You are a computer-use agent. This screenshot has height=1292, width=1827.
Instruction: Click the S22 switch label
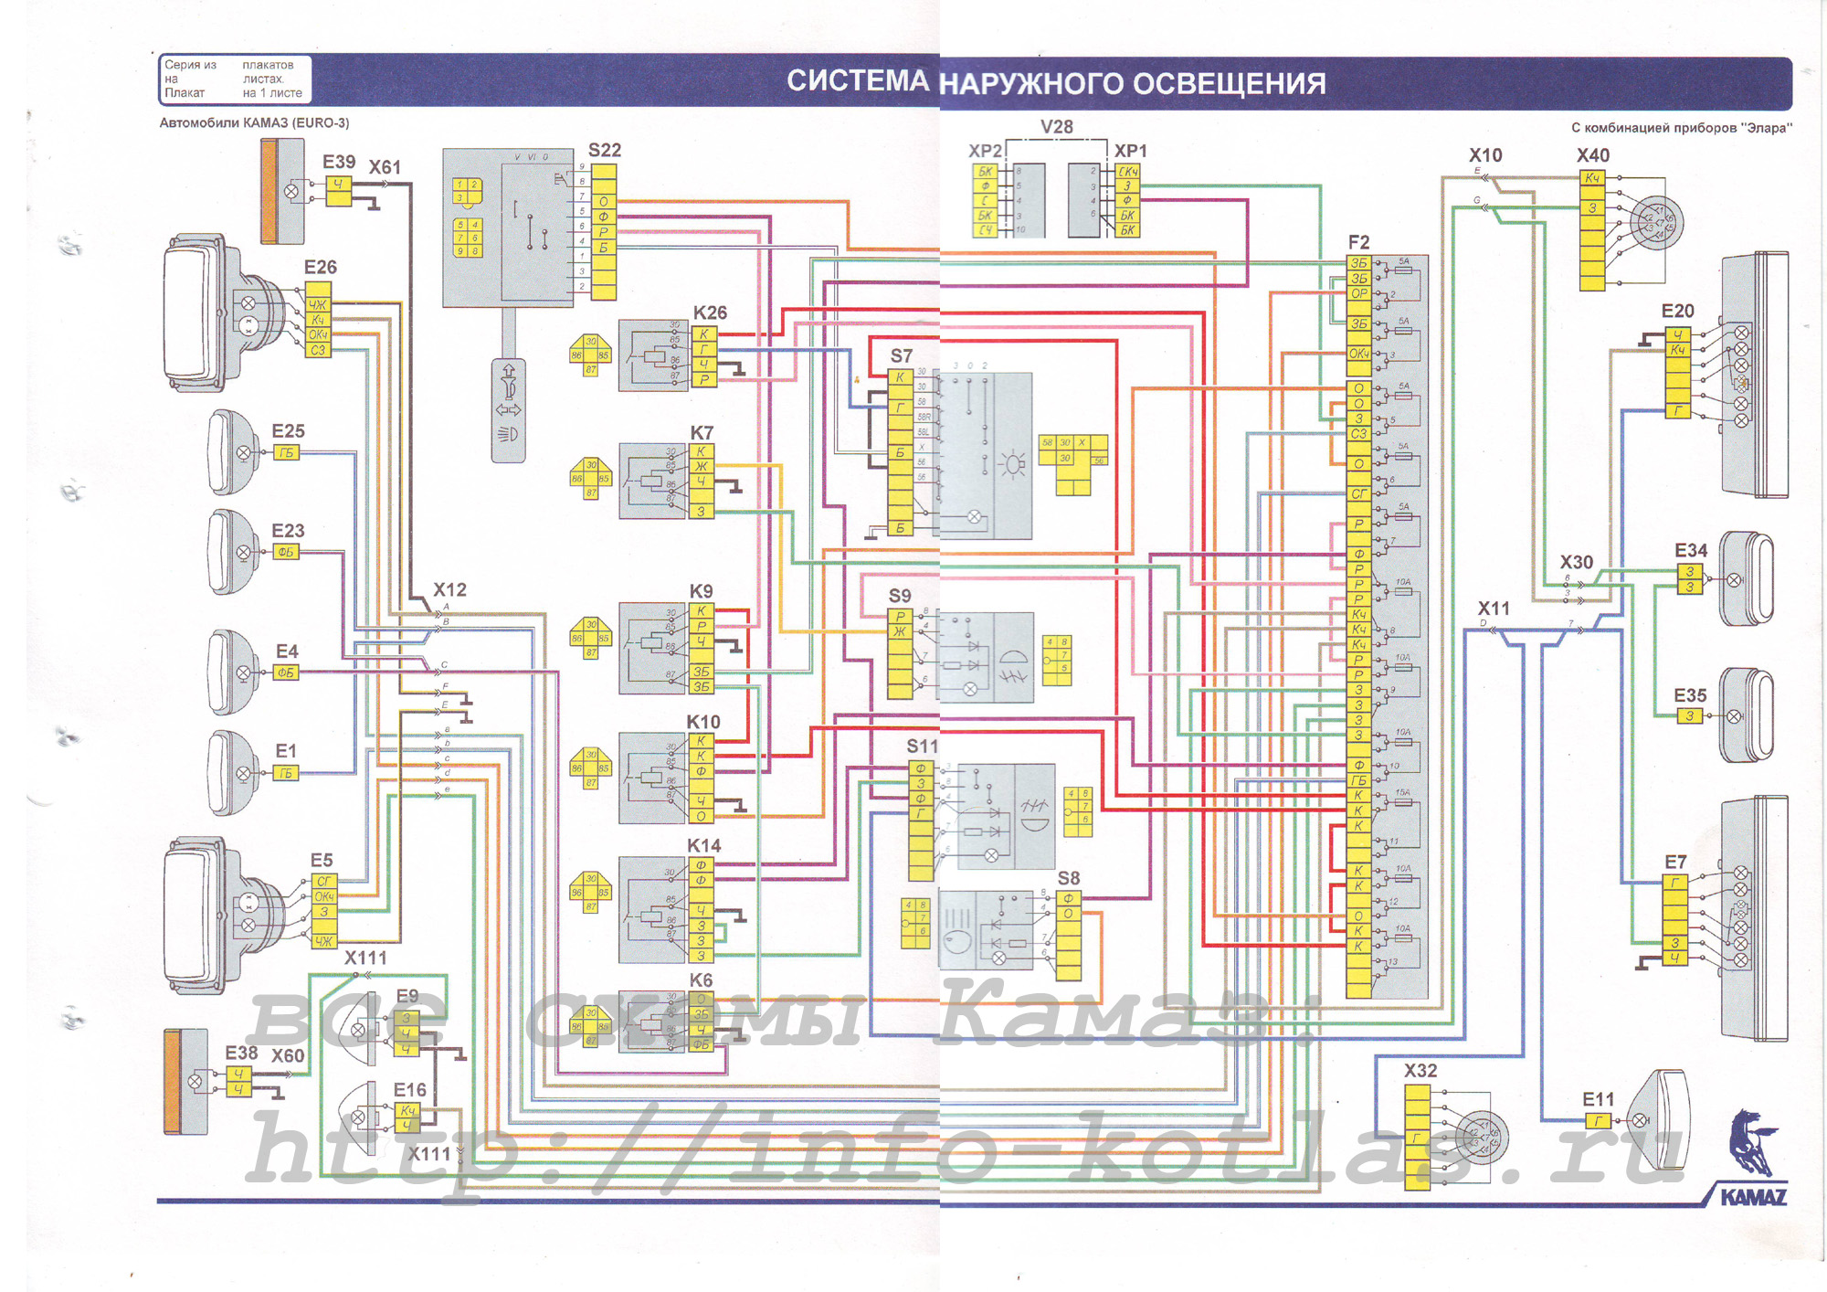tap(605, 150)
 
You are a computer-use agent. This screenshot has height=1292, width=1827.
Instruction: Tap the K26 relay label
tap(710, 312)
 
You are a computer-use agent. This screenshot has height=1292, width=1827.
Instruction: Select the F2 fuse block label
tap(1358, 242)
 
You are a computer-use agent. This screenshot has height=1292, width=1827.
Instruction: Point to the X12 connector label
tap(449, 589)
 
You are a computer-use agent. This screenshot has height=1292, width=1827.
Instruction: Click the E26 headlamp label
tap(321, 267)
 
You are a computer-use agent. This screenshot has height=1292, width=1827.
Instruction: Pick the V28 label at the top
tap(1057, 127)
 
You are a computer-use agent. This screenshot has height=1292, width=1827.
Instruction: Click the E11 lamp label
tap(1599, 1099)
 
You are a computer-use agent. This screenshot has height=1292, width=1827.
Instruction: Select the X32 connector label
tap(1420, 1070)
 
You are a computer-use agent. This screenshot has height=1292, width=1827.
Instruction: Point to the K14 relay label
tap(703, 845)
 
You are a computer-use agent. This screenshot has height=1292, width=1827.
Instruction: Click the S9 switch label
tap(900, 596)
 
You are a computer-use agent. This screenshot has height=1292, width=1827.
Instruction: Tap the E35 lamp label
tap(1690, 695)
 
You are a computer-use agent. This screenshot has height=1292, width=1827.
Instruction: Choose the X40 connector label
tap(1593, 155)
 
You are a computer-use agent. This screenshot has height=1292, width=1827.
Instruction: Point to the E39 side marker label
tap(339, 162)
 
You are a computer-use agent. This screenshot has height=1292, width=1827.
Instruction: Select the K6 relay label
tap(701, 980)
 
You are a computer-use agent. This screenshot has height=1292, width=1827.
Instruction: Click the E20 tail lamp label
tap(1678, 311)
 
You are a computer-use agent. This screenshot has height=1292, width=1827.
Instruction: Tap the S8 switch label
tap(1069, 878)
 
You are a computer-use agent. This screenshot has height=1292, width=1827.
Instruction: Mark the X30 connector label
tap(1577, 562)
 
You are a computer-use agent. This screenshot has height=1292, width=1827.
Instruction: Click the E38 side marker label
tap(242, 1053)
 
